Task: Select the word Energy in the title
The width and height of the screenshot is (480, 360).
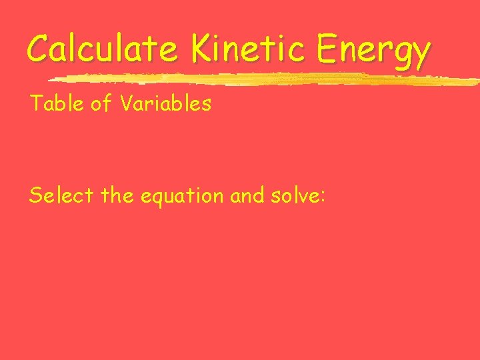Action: tap(373, 51)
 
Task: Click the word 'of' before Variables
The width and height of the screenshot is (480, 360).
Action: tap(100, 103)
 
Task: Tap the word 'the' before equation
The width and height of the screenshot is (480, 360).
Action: tap(119, 195)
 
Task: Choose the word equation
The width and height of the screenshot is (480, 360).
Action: tap(182, 197)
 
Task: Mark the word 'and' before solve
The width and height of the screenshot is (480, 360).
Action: tap(245, 195)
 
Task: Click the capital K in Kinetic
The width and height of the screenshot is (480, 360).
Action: tap(201, 48)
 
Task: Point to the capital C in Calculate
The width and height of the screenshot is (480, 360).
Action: tap(39, 48)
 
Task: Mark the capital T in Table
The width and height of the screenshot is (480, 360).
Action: tap(35, 103)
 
